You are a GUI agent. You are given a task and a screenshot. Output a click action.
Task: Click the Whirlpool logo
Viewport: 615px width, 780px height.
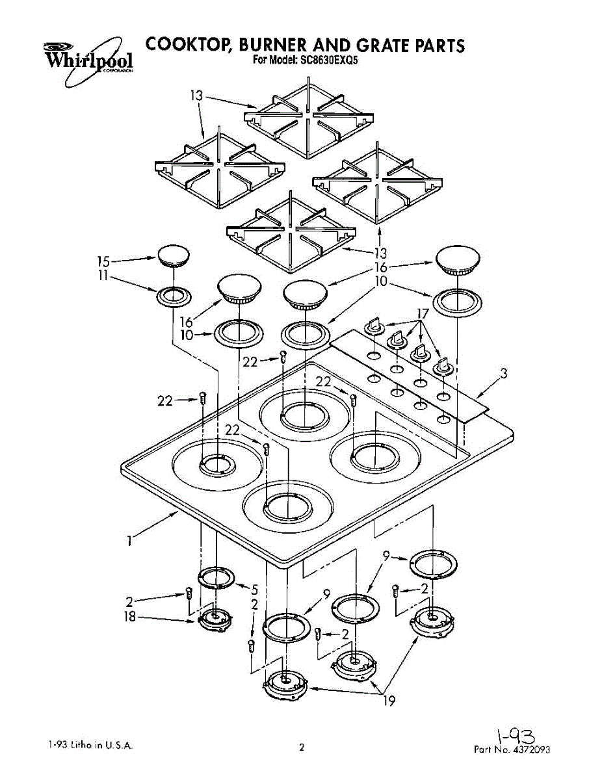coord(87,60)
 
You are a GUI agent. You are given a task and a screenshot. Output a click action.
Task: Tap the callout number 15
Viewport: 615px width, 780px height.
coord(103,261)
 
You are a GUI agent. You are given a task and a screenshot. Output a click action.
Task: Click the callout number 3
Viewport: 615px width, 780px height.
coord(503,374)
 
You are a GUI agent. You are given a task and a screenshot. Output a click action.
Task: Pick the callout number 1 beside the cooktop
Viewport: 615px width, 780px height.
coord(130,539)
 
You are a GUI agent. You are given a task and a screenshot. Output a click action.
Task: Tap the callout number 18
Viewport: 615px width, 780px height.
coord(131,617)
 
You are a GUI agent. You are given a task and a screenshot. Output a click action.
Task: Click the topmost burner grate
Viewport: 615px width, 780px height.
coord(310,117)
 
